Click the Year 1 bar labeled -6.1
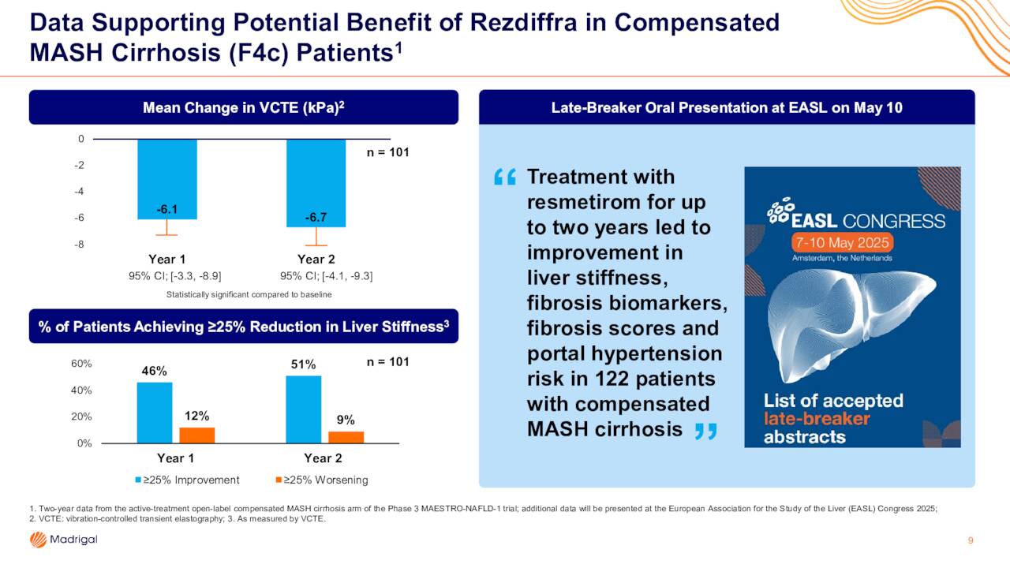(x=167, y=179)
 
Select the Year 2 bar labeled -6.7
(x=316, y=183)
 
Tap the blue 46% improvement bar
(x=155, y=413)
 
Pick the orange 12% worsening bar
(x=197, y=435)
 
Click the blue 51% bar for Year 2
(x=304, y=409)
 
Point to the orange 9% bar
(x=346, y=437)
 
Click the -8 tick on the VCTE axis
(x=80, y=244)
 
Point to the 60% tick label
(x=81, y=364)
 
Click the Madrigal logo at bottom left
(x=64, y=540)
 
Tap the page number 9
(x=971, y=540)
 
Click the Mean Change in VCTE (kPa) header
(x=244, y=107)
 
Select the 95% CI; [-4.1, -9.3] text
(x=327, y=276)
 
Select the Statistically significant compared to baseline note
(x=249, y=294)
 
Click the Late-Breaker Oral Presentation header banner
(x=727, y=107)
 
